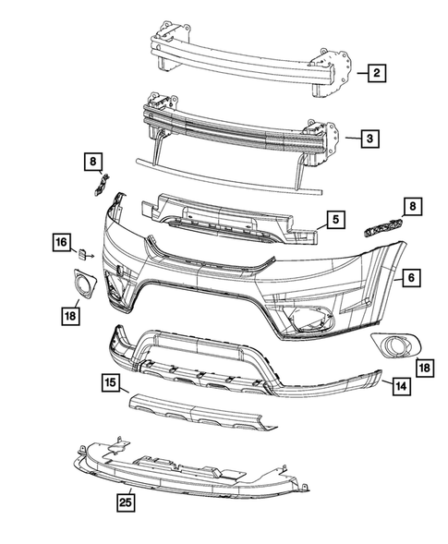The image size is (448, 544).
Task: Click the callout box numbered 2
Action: tap(377, 71)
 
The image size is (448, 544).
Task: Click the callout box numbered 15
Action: tap(110, 381)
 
